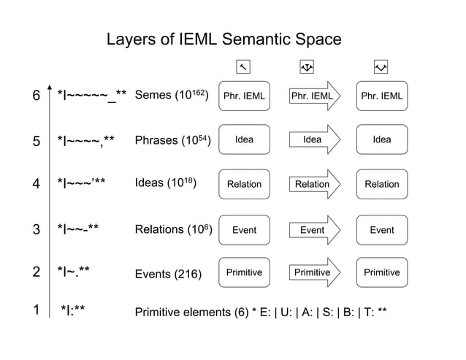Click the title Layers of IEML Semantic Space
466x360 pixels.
coord(224,39)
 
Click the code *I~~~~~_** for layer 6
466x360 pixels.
coord(92,96)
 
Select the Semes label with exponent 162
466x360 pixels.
coord(173,95)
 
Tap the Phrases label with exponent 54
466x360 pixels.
coord(173,139)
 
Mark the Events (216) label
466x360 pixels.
coord(168,274)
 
